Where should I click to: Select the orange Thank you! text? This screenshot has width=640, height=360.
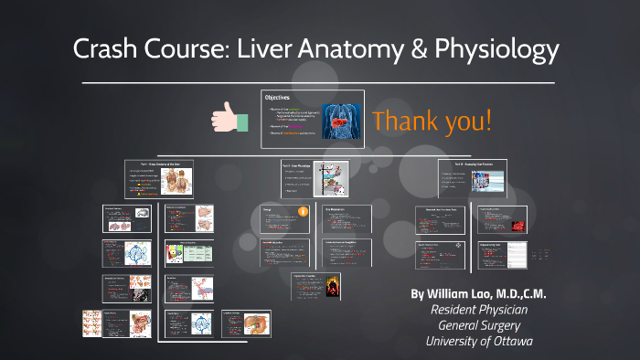[432, 121]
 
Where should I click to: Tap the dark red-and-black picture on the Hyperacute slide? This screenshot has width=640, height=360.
[332, 285]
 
